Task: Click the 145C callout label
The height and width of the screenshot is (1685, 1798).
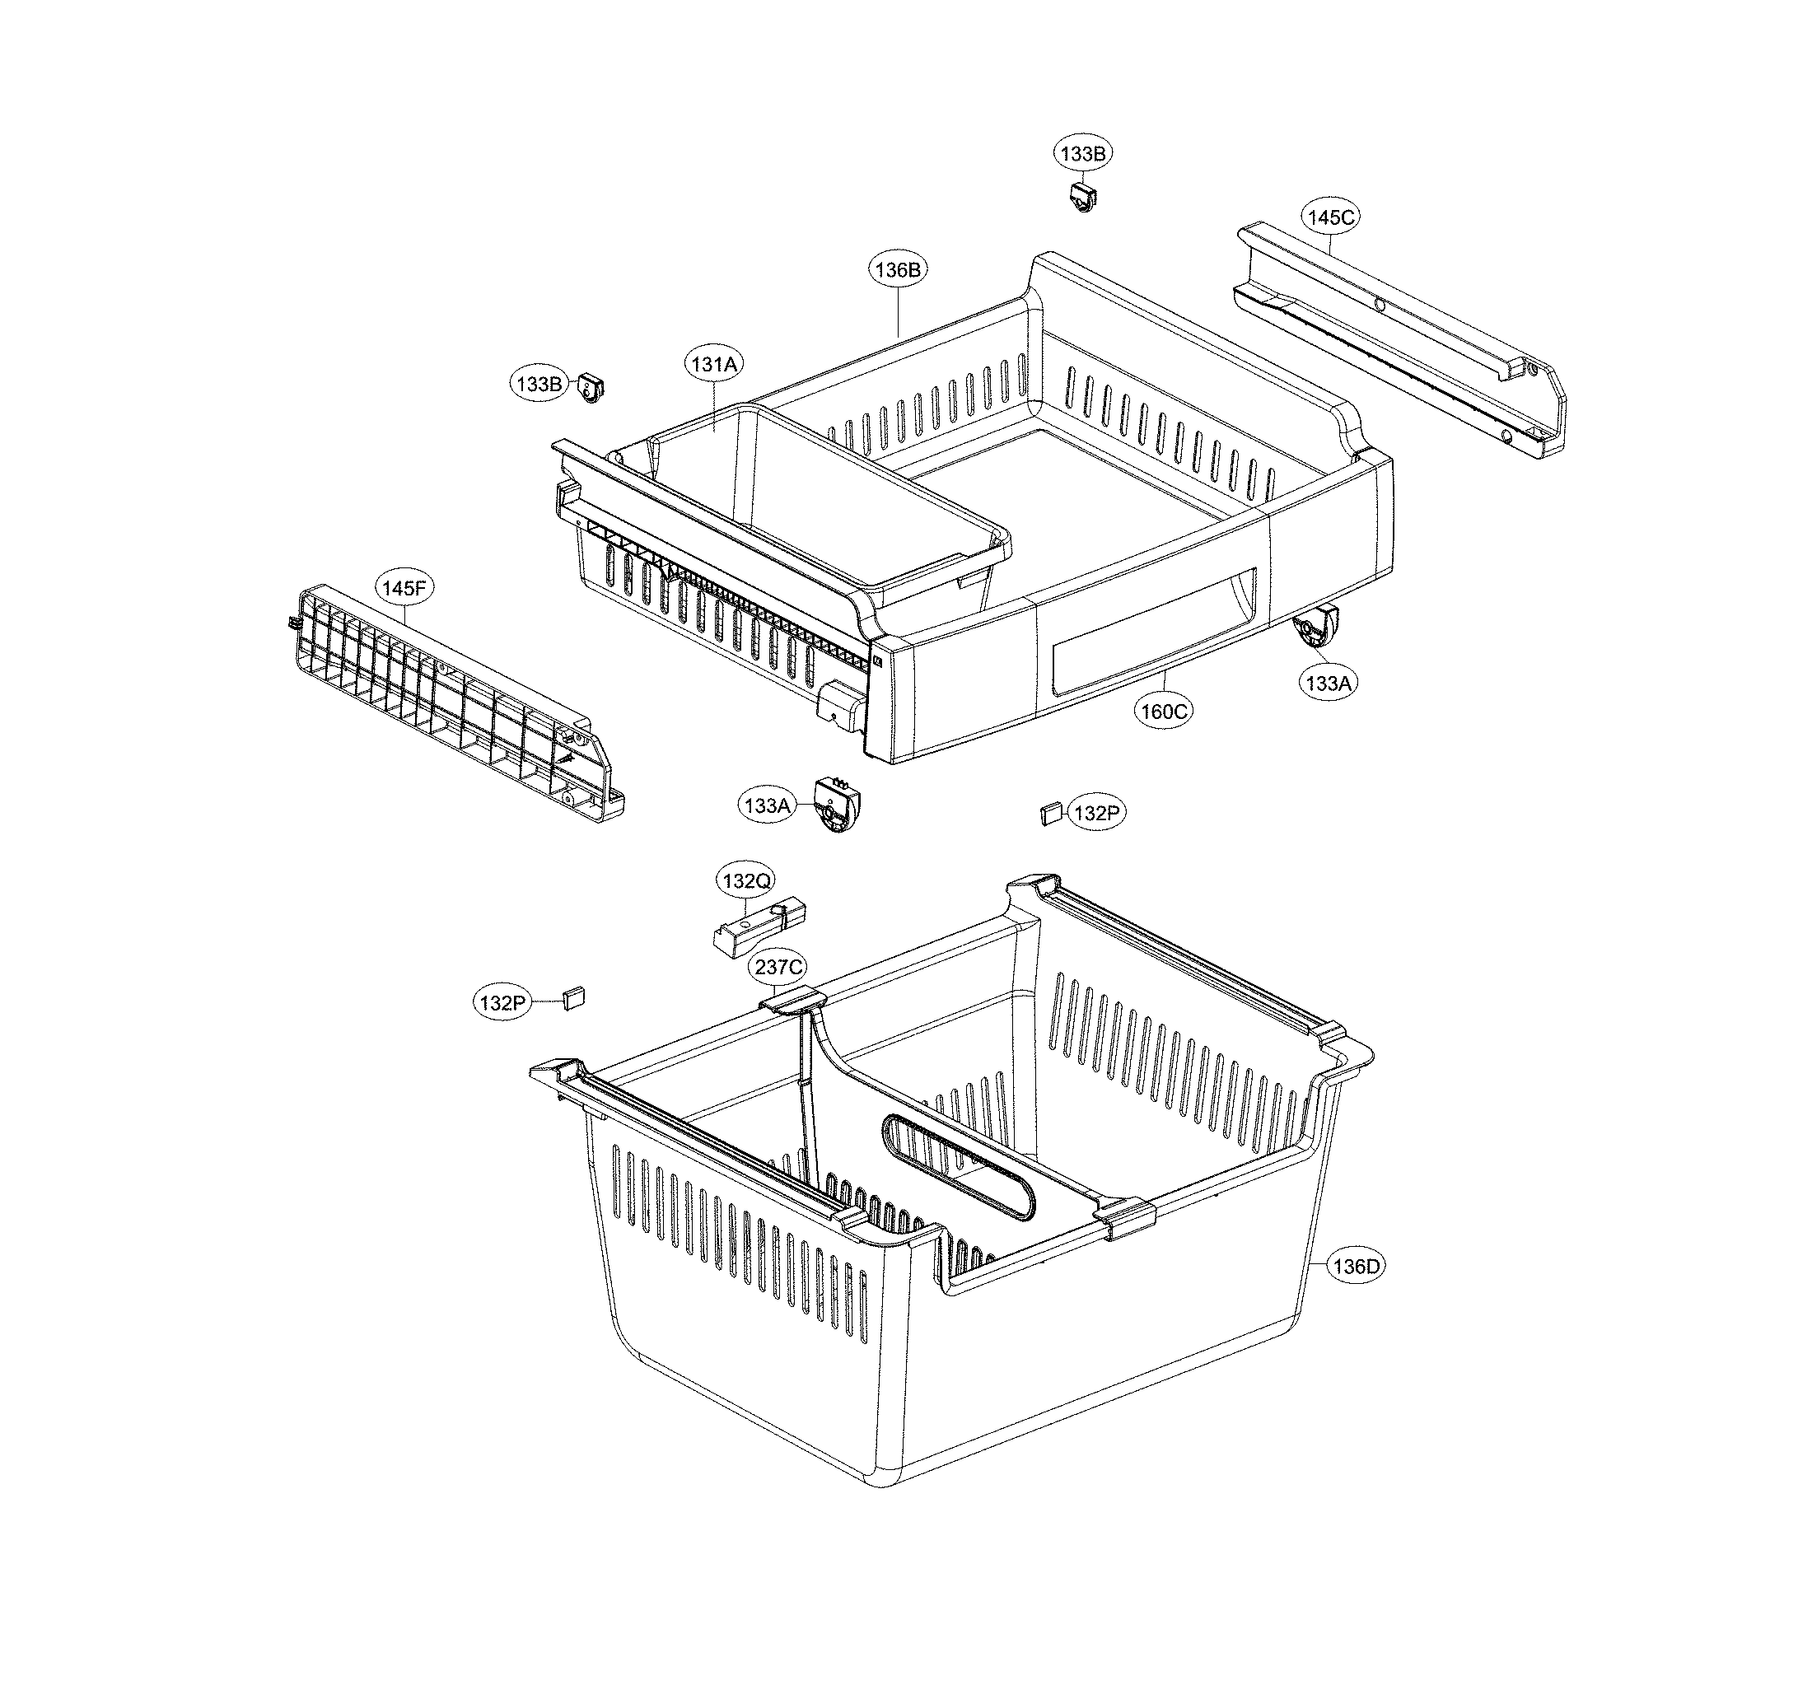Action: (1330, 217)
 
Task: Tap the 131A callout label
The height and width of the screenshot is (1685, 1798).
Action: (714, 365)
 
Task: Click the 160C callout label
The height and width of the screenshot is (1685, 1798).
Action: (1163, 711)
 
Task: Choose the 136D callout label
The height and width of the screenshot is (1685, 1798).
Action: (1356, 1267)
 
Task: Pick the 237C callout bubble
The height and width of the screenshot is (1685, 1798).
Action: (778, 968)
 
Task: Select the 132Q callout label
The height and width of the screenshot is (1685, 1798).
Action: (747, 879)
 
